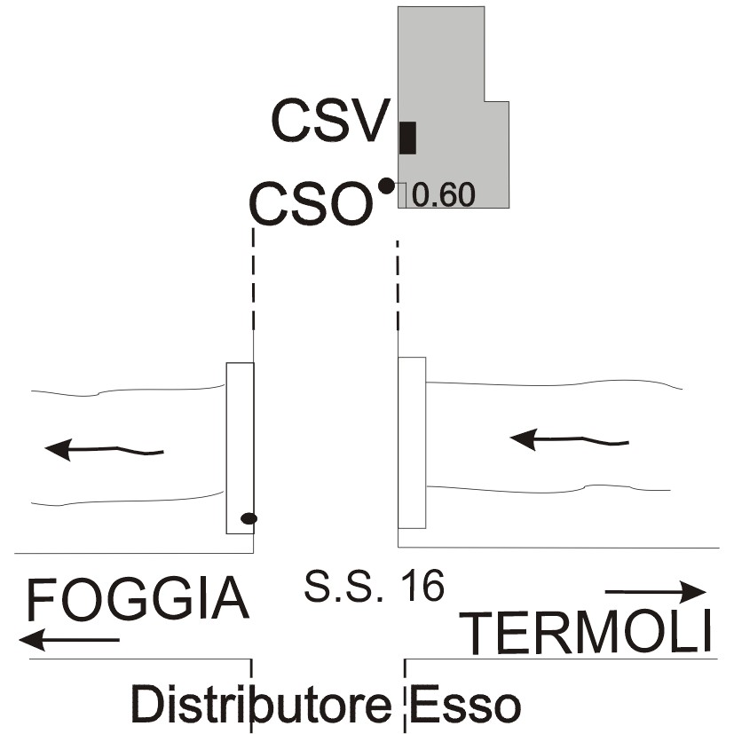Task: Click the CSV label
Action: [x=330, y=121]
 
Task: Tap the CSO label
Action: [x=312, y=203]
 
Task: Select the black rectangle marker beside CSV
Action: [x=407, y=138]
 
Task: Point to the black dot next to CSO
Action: [x=386, y=186]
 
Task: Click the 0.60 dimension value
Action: [x=444, y=194]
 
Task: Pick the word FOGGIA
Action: [x=138, y=600]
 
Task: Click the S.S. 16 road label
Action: [x=374, y=586]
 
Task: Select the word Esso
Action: [x=465, y=705]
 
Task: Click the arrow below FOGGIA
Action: [x=69, y=639]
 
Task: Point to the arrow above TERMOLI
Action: [x=655, y=592]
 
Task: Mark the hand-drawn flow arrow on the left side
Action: [x=104, y=450]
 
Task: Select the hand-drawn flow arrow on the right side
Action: [x=569, y=439]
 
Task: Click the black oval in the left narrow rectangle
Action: [x=249, y=518]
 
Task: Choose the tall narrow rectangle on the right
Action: [x=412, y=443]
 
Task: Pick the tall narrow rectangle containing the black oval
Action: [x=241, y=448]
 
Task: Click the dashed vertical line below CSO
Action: [x=253, y=280]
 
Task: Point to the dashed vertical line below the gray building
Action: [x=398, y=286]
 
